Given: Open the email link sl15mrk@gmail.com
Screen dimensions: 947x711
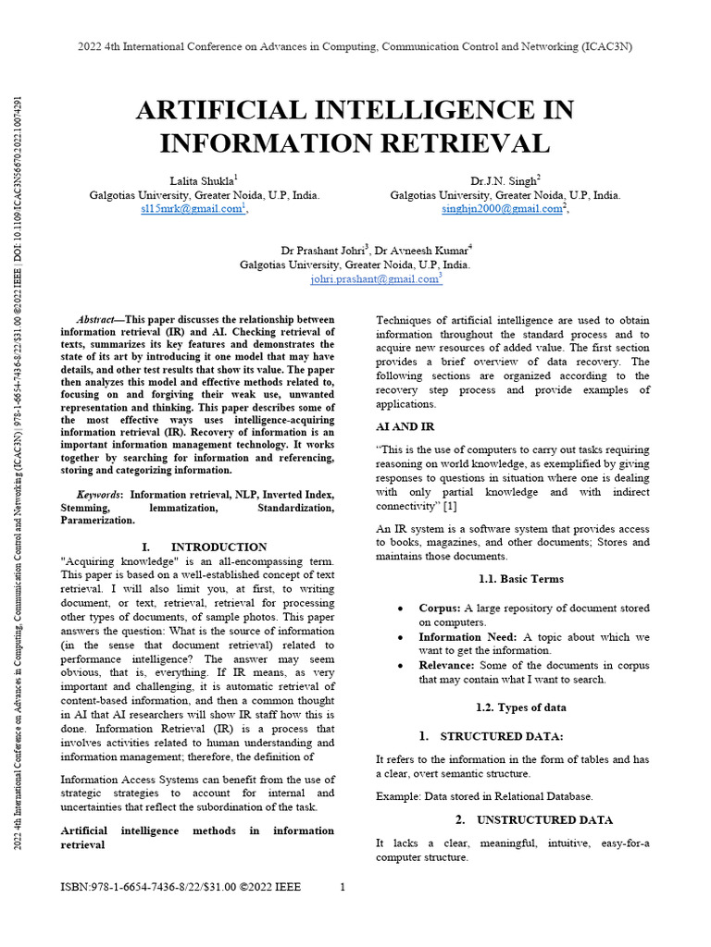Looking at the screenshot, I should (x=190, y=210).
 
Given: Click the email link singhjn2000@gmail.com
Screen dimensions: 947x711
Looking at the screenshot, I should (x=502, y=210).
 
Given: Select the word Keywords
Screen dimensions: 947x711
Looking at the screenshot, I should (x=99, y=494).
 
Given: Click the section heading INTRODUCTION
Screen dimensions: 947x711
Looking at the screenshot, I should (x=218, y=547).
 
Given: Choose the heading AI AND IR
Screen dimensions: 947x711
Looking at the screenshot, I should (x=405, y=427).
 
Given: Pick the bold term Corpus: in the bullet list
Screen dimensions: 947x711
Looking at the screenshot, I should (x=439, y=608).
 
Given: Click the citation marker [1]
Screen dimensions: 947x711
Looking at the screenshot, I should (x=450, y=506).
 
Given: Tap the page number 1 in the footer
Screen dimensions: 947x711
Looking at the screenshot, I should (x=343, y=888).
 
